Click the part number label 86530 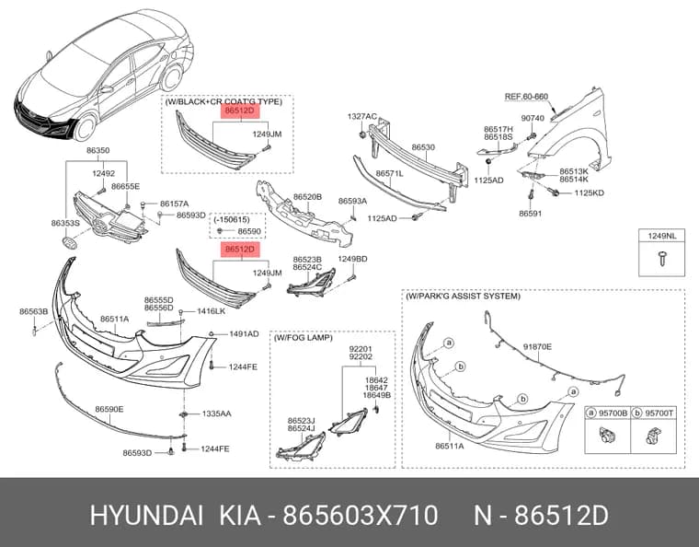[423, 147]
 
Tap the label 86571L [389, 173]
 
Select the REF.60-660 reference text [526, 97]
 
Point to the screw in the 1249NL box [662, 259]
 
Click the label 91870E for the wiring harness [537, 346]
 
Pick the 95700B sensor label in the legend [613, 413]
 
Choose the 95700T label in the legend [659, 413]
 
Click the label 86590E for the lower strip [109, 409]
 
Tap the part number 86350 [97, 150]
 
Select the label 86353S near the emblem [65, 223]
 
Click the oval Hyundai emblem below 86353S [69, 244]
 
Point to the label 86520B [307, 197]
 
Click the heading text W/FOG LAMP [304, 338]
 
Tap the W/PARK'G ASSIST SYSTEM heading [463, 296]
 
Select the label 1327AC [362, 116]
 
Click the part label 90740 [533, 118]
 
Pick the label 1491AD [244, 333]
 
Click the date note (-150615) [232, 219]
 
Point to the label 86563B [33, 311]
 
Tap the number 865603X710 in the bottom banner [361, 516]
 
